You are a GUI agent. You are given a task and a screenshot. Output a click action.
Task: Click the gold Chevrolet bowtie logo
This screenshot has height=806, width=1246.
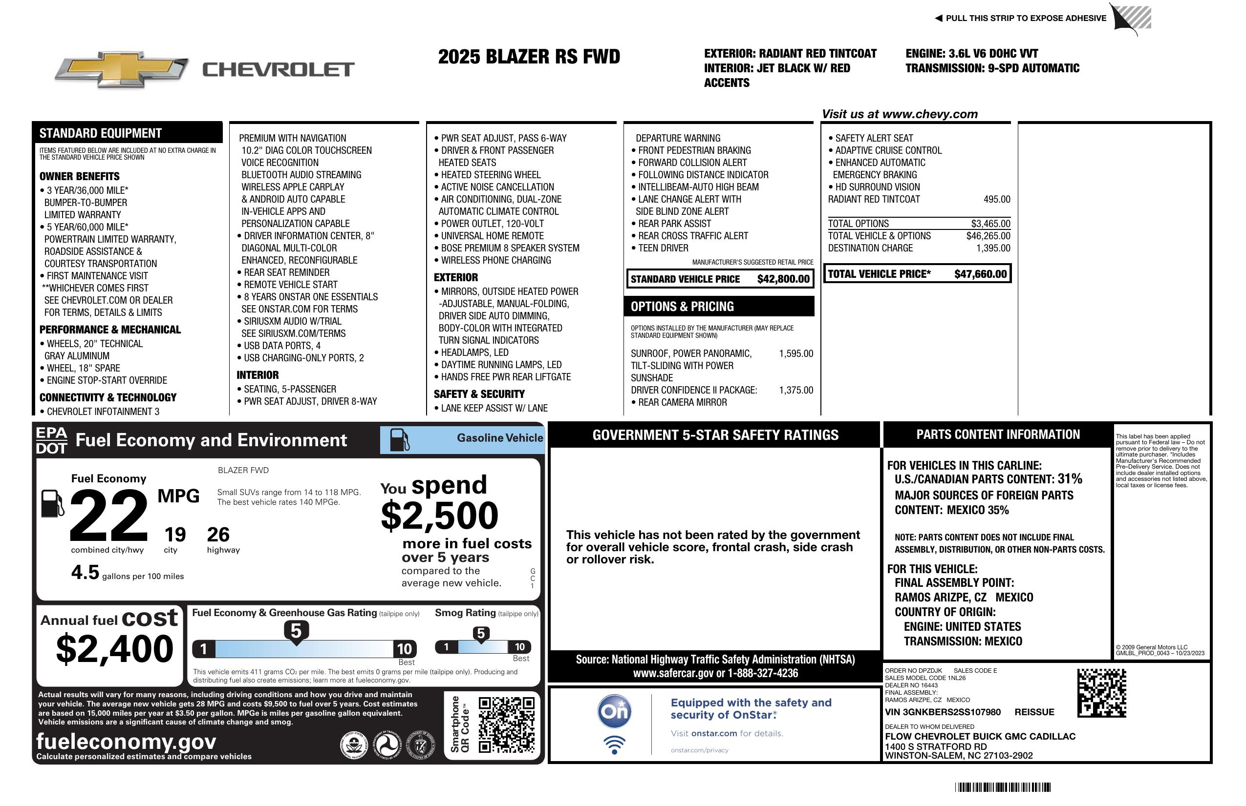(122, 69)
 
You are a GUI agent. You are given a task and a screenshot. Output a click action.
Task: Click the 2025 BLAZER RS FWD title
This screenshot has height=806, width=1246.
(529, 57)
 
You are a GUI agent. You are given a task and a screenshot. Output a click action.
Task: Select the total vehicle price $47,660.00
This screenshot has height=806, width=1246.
(980, 274)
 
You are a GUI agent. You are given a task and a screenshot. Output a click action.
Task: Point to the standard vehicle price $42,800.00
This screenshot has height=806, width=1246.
(783, 279)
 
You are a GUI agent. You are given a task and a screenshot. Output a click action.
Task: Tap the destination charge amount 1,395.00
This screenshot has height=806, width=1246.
(993, 248)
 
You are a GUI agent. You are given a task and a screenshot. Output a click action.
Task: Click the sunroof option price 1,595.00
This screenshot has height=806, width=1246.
(796, 353)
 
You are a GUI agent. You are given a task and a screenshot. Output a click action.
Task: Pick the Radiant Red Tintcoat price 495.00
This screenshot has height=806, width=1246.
(997, 199)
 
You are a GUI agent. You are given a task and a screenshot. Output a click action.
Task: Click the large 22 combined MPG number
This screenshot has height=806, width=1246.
(109, 515)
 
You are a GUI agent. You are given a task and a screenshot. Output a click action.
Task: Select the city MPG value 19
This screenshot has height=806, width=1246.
(175, 535)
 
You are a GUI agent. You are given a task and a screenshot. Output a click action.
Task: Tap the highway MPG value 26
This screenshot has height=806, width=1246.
(218, 535)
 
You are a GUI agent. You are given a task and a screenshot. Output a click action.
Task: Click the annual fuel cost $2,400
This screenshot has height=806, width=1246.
(114, 649)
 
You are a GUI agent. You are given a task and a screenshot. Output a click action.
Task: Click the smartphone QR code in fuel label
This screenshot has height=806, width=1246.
(506, 724)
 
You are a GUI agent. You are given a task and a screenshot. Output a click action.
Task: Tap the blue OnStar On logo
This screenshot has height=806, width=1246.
(614, 711)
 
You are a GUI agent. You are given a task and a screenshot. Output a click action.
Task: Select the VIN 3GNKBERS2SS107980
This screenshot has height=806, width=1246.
(943, 712)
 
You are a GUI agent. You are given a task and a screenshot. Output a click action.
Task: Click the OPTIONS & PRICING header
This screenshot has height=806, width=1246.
(682, 307)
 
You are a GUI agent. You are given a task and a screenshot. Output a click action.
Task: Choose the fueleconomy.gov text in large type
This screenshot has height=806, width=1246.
(126, 742)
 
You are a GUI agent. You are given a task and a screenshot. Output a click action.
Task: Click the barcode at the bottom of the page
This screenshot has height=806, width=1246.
(1002, 787)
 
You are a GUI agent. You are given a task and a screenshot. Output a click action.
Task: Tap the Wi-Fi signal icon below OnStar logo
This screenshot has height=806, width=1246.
(614, 744)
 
